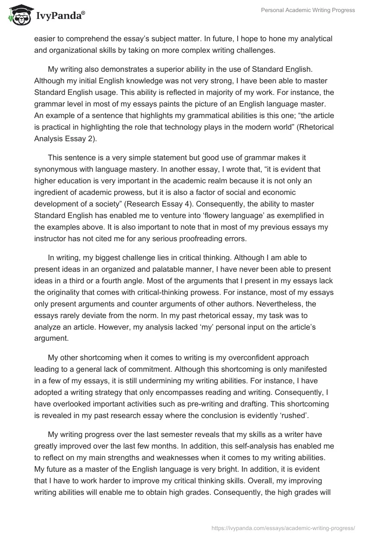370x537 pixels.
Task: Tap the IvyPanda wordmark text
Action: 59,16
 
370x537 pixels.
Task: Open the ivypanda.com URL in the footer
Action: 283,527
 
